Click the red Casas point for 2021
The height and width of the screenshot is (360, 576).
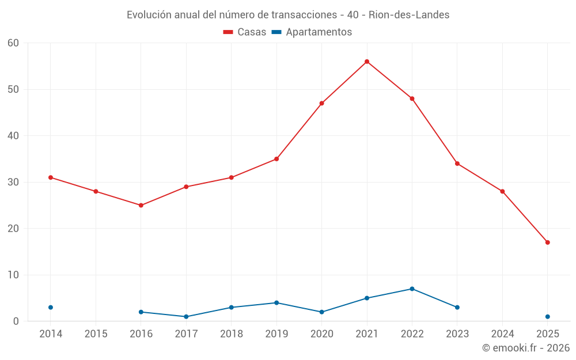click(367, 62)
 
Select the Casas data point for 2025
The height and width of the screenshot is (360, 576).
click(548, 242)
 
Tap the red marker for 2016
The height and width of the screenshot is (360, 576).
click(141, 205)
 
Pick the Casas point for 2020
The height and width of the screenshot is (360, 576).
click(322, 103)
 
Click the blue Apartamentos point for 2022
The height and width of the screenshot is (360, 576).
click(412, 289)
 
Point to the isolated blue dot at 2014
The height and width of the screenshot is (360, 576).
click(51, 308)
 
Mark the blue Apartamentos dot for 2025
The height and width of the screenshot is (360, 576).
click(548, 317)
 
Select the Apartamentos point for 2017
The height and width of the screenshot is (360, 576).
click(186, 317)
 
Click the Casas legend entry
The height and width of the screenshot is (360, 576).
click(245, 32)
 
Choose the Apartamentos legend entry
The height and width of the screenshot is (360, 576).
click(312, 32)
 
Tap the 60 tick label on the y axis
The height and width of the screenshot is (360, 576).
click(13, 43)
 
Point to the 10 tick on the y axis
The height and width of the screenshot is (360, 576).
click(13, 275)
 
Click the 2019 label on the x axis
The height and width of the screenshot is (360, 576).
click(276, 334)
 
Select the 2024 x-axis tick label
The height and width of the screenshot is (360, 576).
click(502, 334)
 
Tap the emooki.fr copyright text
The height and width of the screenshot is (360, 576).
click(526, 348)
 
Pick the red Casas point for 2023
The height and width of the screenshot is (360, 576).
click(457, 164)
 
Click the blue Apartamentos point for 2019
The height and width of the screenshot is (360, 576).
click(276, 303)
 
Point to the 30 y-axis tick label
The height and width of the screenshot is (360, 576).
click(13, 182)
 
